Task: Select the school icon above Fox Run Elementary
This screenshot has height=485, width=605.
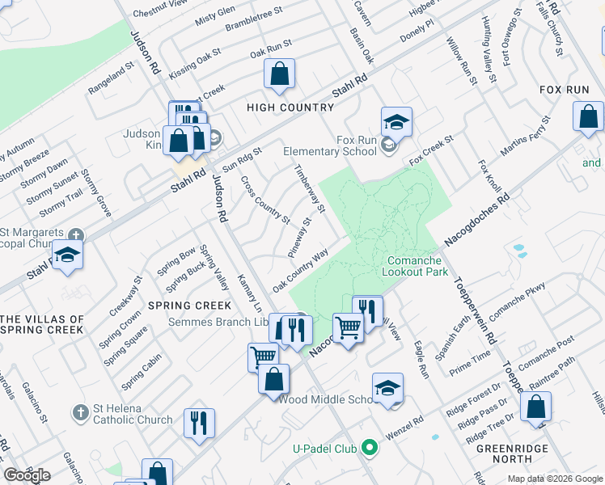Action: [x=396, y=122]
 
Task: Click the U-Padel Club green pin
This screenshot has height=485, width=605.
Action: [x=370, y=446]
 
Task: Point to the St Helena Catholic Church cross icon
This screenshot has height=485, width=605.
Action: [x=79, y=413]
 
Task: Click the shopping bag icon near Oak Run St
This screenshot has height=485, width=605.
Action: [x=278, y=75]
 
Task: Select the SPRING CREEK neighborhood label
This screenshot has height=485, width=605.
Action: [x=190, y=306]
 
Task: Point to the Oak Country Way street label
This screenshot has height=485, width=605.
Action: [x=300, y=270]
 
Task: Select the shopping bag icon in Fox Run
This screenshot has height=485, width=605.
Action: [x=587, y=116]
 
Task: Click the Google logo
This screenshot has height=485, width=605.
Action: [x=27, y=475]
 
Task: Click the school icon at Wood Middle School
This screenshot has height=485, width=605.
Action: [x=387, y=388]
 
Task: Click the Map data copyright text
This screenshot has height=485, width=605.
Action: [x=554, y=479]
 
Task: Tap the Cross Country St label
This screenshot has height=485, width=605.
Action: [x=265, y=199]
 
